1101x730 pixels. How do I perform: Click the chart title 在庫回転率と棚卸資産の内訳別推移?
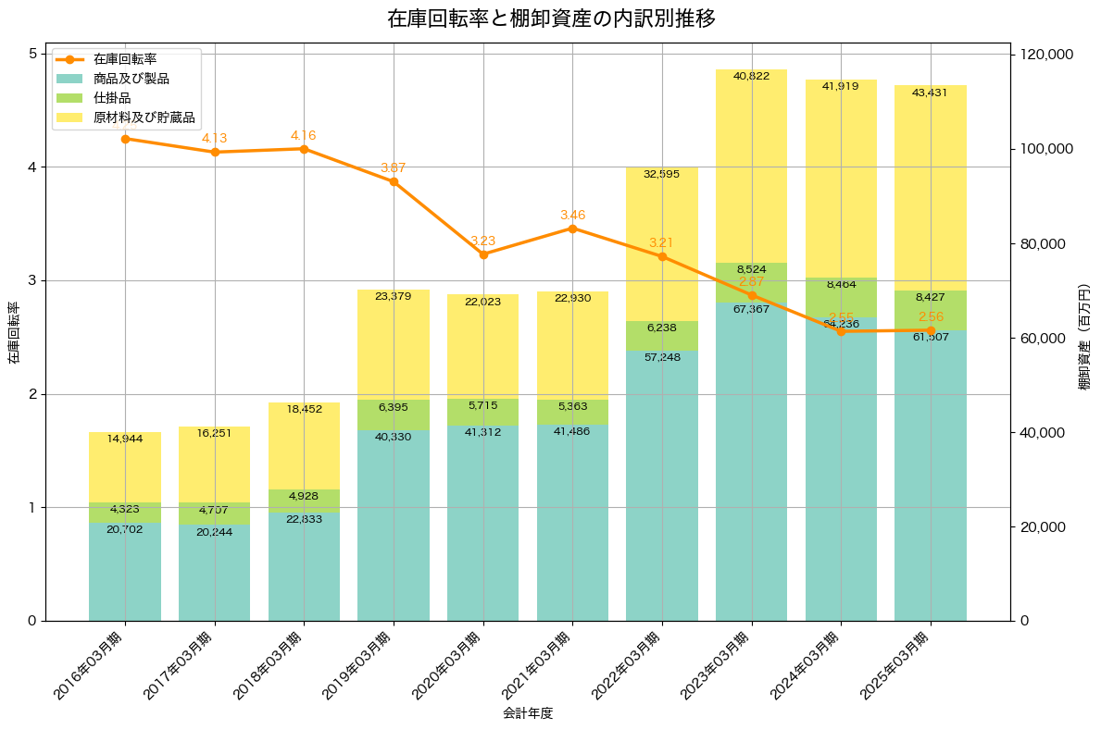(550, 19)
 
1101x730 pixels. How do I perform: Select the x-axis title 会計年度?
(528, 713)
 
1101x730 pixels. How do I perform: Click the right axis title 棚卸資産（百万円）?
(1084, 337)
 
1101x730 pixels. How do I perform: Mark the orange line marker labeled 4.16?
(304, 149)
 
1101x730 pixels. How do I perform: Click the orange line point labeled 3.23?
(483, 254)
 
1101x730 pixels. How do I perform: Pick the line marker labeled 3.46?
(572, 229)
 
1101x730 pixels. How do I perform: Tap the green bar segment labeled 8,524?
(751, 281)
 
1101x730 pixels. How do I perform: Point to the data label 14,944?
(125, 439)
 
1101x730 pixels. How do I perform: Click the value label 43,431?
(930, 93)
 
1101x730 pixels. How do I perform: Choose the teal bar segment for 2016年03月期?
(125, 574)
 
